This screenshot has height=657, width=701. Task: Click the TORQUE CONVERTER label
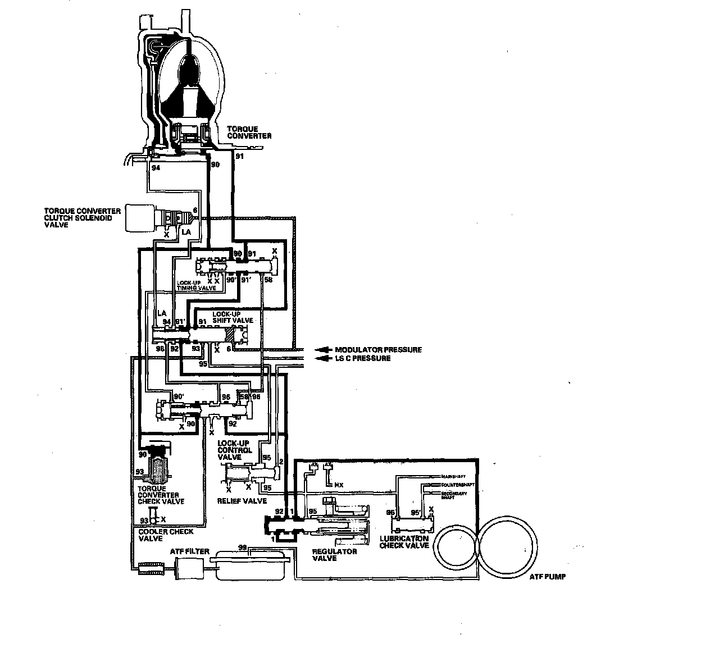(253, 133)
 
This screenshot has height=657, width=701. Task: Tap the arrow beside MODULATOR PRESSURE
(322, 349)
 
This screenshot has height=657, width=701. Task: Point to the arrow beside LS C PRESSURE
(322, 358)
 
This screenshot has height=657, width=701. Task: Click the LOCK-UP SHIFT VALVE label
(233, 316)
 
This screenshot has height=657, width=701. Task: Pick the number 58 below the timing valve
(268, 280)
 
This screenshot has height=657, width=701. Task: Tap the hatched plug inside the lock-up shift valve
(231, 335)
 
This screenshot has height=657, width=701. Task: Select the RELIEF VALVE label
(242, 500)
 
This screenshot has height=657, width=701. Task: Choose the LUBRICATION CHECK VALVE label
(404, 542)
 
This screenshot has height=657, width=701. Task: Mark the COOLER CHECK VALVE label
(166, 535)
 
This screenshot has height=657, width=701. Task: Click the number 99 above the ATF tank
(243, 546)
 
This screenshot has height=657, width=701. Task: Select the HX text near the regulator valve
(339, 484)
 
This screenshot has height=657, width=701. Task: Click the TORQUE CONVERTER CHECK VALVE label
(161, 495)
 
